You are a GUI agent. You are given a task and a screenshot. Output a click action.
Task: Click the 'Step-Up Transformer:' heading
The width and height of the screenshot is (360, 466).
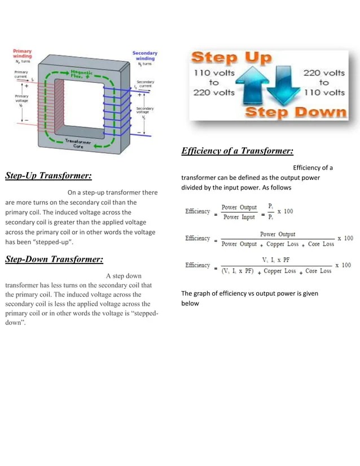tap(49, 175)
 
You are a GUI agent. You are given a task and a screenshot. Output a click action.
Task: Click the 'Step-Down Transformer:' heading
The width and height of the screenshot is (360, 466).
tap(54, 260)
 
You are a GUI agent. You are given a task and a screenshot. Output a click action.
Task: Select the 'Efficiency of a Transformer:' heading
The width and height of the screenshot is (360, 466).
tap(237, 151)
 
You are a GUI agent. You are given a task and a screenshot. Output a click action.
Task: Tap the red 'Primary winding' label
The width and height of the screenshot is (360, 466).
tap(23, 54)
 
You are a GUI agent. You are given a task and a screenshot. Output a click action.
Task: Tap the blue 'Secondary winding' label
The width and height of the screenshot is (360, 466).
tap(144, 56)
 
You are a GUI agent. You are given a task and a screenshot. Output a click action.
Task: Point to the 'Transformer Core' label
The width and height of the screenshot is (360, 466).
tap(79, 142)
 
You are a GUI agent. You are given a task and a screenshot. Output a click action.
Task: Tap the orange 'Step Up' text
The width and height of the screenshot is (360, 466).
tap(231, 58)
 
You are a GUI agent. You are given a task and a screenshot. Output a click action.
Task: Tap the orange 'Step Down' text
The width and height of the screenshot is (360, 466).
tap(296, 112)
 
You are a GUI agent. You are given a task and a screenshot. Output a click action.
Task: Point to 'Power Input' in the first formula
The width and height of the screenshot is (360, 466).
tap(239, 217)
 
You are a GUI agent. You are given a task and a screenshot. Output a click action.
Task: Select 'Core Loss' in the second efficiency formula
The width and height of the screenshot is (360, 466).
tap(321, 244)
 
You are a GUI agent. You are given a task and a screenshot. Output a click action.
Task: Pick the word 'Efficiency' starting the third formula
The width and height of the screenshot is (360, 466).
tap(197, 265)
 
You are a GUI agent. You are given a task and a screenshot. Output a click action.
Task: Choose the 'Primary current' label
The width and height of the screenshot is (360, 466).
tap(21, 73)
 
